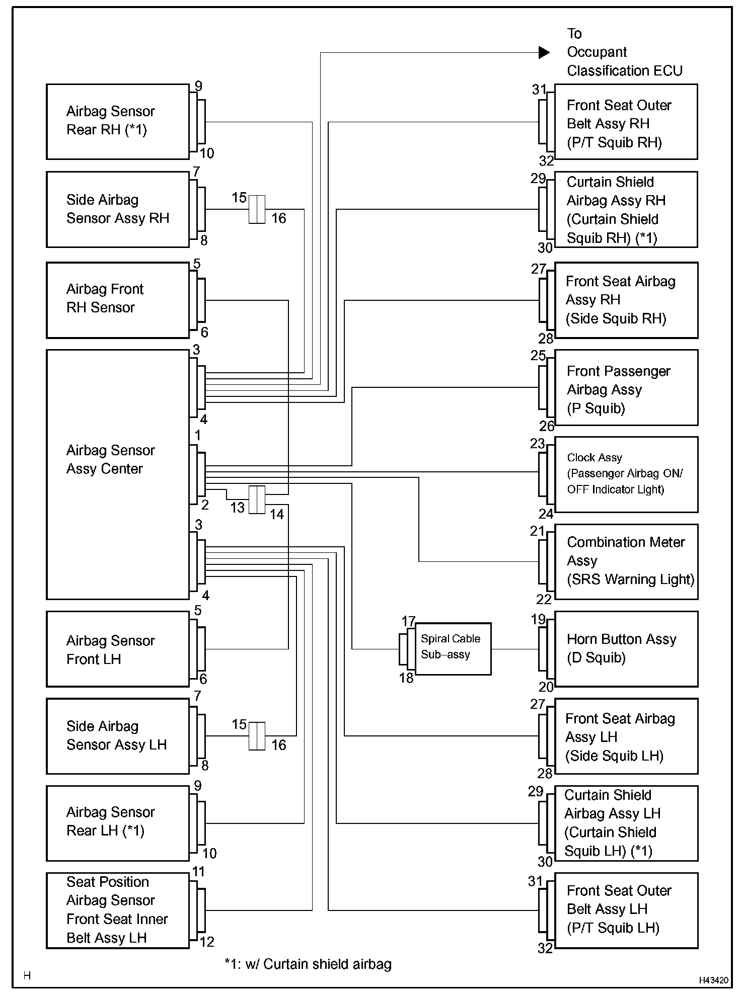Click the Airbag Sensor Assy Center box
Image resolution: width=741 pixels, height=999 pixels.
pos(117,474)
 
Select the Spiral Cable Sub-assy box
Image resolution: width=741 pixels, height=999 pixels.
pos(453,648)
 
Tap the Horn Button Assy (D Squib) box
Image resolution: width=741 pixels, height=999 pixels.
pos(626,648)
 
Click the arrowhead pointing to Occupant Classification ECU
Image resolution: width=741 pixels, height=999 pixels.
pos(544,52)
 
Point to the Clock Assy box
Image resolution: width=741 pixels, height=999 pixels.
pos(626,474)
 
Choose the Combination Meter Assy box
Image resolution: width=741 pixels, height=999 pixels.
pos(626,561)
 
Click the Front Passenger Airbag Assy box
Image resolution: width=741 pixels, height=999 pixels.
pos(626,387)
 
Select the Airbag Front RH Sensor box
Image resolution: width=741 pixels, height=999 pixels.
pos(117,300)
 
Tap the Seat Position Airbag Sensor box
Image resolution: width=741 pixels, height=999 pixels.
pos(117,910)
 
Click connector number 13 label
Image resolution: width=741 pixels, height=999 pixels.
pos(238,508)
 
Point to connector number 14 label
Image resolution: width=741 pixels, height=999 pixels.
pos(277,514)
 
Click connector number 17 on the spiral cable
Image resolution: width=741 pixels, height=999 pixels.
pos(408,621)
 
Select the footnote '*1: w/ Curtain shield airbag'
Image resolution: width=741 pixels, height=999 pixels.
pos(308,964)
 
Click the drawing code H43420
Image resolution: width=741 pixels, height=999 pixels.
pos(713,980)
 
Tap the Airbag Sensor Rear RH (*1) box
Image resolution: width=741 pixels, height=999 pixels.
pos(117,122)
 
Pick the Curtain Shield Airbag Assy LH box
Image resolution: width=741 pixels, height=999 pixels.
pos(626,823)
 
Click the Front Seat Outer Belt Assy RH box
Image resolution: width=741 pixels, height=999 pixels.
pos(626,122)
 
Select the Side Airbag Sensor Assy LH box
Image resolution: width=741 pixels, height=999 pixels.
pos(117,735)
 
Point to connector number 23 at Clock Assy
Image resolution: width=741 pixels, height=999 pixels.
pos(537,444)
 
